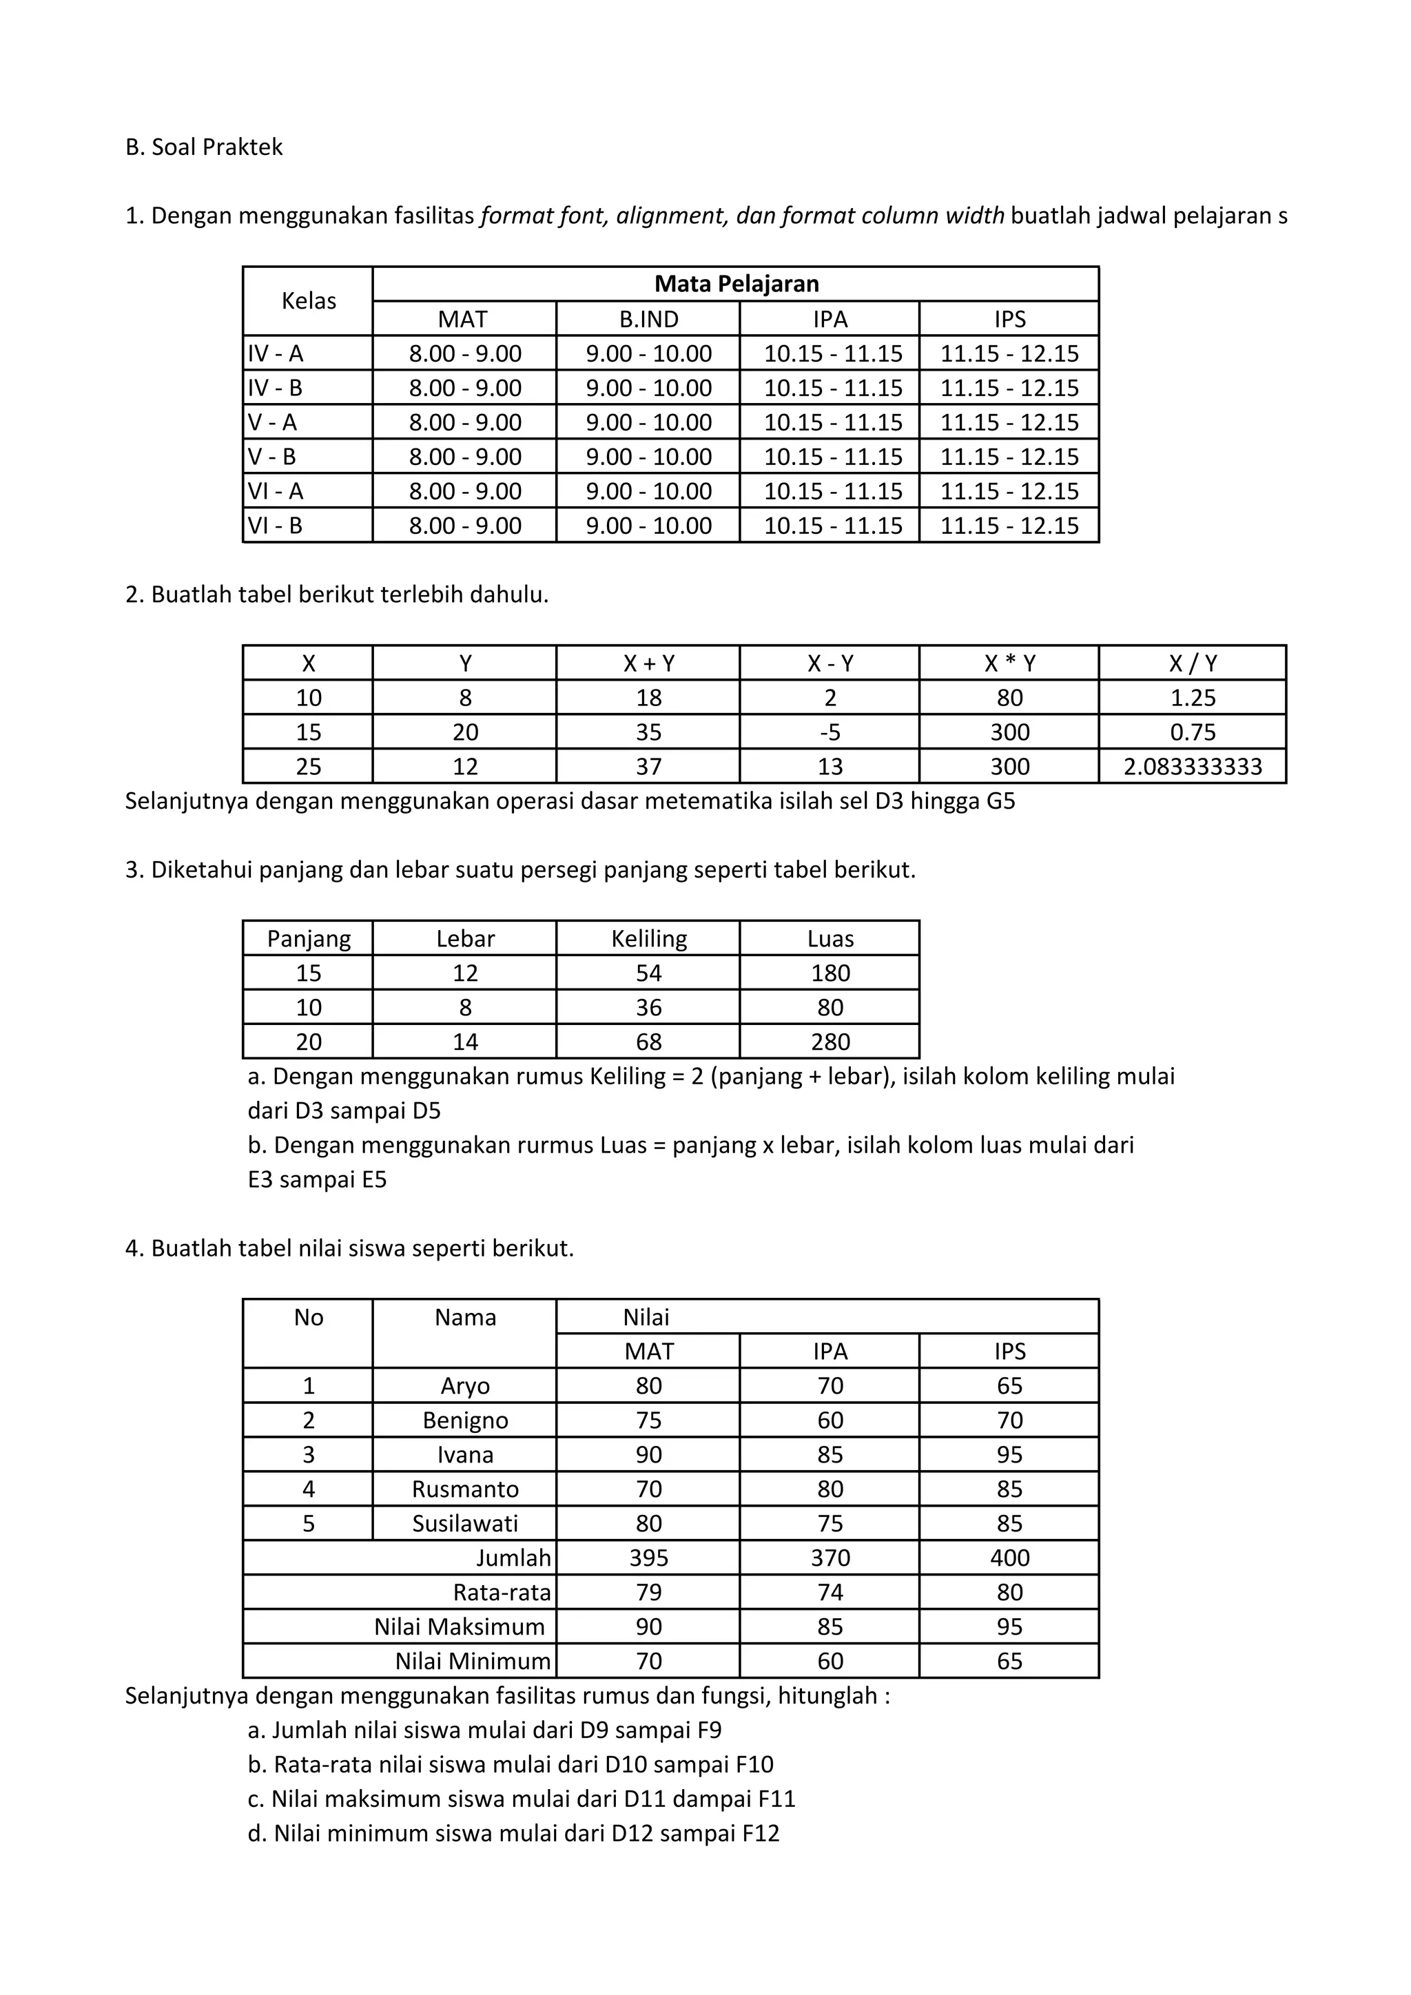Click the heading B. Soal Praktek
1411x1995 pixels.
[x=204, y=147]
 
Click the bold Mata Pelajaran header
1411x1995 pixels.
[x=736, y=284]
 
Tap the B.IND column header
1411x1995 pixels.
[x=648, y=319]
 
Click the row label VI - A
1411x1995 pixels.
[x=276, y=491]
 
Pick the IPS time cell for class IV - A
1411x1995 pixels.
[x=1009, y=353]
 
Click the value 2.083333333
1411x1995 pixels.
[x=1192, y=766]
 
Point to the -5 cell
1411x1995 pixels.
[x=830, y=732]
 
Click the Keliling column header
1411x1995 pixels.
[x=648, y=938]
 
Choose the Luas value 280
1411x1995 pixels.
[x=830, y=1042]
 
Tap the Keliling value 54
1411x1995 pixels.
[x=648, y=973]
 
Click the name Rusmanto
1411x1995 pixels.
[x=465, y=1489]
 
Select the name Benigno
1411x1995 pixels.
[x=465, y=1420]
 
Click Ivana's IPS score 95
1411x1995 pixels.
[x=1009, y=1454]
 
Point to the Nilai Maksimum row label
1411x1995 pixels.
[x=459, y=1626]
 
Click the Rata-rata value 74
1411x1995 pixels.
[x=830, y=1592]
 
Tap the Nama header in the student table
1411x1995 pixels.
[x=465, y=1317]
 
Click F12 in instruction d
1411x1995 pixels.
[x=760, y=1833]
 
